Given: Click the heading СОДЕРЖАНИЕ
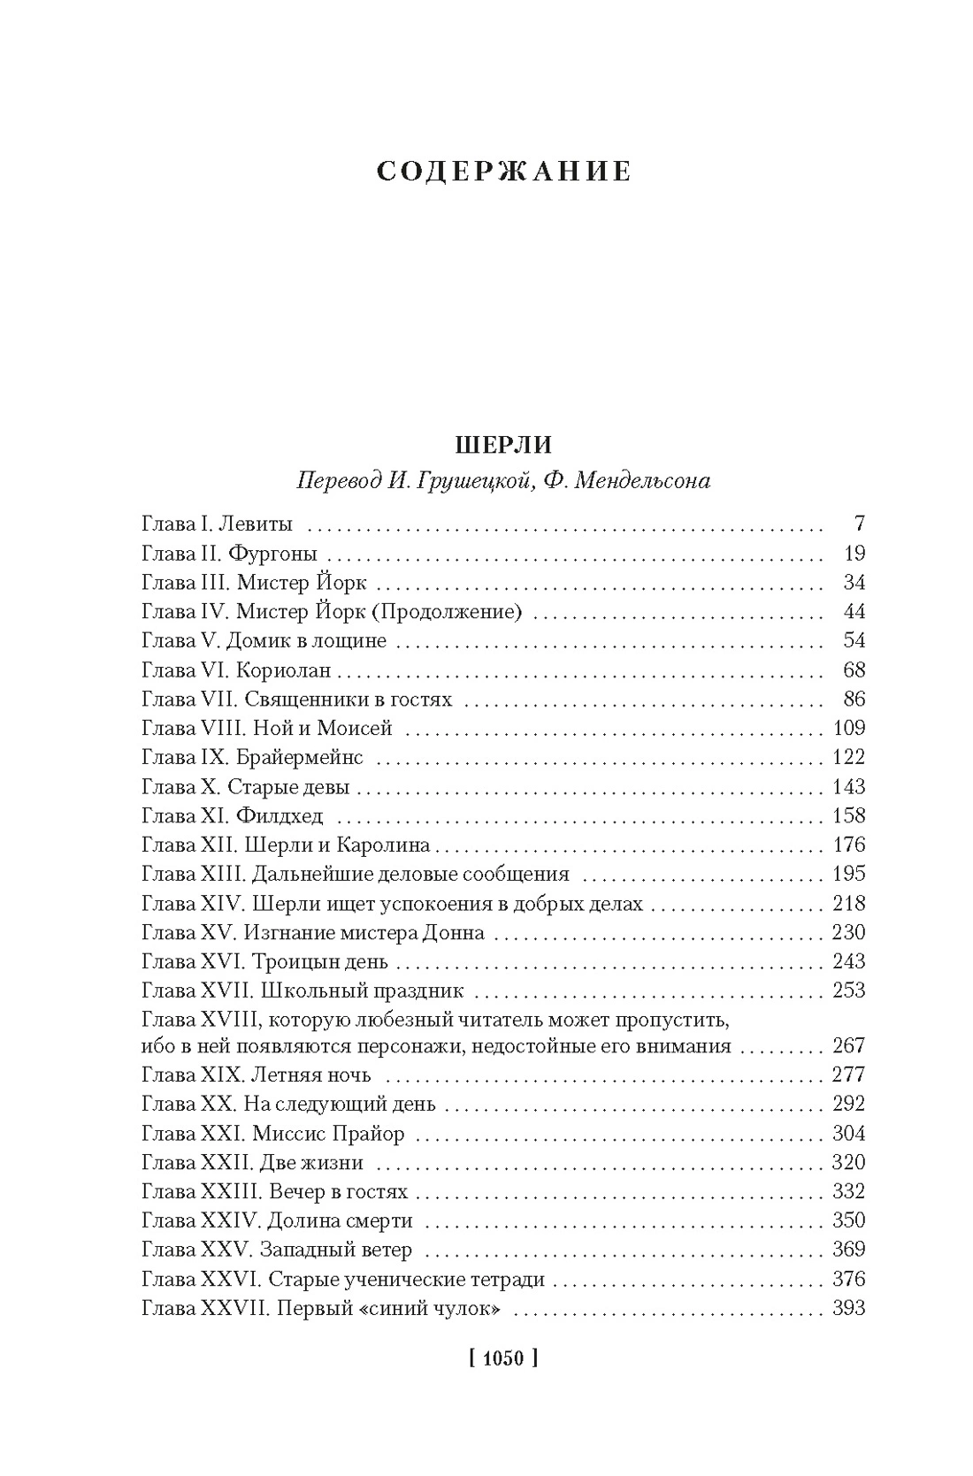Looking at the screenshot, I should click(503, 171).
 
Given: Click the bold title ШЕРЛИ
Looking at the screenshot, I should click(503, 443).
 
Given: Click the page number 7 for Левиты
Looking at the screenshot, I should click(859, 524).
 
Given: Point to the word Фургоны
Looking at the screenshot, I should click(272, 554).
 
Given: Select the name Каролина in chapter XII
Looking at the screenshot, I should click(387, 845).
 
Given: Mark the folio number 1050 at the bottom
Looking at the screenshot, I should click(502, 1357).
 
